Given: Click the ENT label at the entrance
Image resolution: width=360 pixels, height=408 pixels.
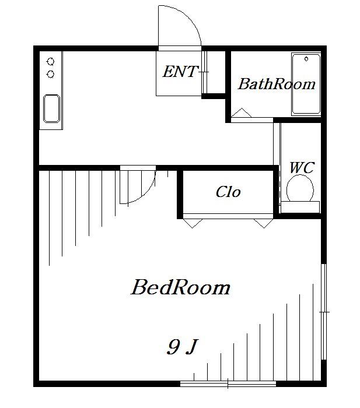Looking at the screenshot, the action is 180,71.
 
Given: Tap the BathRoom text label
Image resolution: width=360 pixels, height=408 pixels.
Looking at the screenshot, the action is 277,84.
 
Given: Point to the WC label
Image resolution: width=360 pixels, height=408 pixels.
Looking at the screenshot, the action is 302,167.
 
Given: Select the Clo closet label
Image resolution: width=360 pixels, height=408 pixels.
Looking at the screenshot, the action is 228,192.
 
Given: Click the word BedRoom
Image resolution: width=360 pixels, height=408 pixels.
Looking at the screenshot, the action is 180,287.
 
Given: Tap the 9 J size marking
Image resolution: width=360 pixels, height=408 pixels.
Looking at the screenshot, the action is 183,347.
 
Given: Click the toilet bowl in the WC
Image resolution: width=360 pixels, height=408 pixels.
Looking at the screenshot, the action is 300,188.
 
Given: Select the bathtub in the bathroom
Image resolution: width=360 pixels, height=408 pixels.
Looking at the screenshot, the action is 306,85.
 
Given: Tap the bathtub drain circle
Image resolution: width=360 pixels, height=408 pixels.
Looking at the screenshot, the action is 306,59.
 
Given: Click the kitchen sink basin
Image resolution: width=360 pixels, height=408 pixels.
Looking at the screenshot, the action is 51,108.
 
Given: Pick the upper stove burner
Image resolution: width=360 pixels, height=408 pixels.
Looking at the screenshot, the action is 51,62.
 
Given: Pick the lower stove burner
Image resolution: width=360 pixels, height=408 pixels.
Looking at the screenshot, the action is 51,75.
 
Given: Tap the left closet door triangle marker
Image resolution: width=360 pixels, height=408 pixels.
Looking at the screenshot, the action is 193,223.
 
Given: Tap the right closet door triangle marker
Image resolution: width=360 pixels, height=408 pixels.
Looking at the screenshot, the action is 264,223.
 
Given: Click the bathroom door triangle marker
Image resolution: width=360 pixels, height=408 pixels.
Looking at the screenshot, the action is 242,112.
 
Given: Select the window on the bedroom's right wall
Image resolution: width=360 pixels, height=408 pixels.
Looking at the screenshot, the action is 323,312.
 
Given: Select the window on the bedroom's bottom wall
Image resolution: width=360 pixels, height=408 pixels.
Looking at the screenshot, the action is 228,384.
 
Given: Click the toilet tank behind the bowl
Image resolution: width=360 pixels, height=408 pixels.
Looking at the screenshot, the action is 300,207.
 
